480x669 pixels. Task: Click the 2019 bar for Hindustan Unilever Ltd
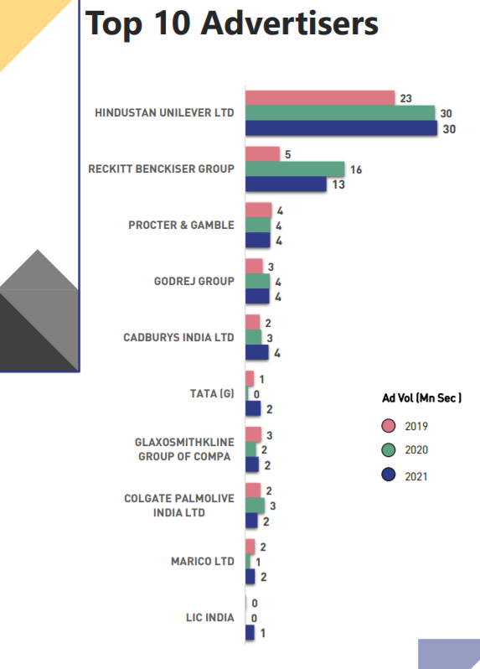(319, 98)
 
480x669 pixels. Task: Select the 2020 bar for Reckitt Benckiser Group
(294, 169)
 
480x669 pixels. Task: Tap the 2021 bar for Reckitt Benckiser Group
(285, 184)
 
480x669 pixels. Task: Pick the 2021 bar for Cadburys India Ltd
(256, 352)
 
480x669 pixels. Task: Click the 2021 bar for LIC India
(250, 633)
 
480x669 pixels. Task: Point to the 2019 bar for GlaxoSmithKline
(252, 434)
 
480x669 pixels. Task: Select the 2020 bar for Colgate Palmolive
(255, 506)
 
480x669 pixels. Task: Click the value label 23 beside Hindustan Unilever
(405, 99)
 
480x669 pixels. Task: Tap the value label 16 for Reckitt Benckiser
(356, 170)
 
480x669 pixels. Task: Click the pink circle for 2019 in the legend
(388, 426)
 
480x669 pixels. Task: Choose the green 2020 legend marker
(388, 450)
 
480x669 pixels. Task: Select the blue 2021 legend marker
(388, 475)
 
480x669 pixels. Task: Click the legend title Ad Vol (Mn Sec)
(416, 397)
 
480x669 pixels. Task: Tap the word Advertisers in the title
(289, 23)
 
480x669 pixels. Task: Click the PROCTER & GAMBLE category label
(181, 226)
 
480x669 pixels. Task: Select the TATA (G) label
(213, 393)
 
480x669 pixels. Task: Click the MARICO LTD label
(202, 562)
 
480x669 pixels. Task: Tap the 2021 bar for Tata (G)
(253, 408)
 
